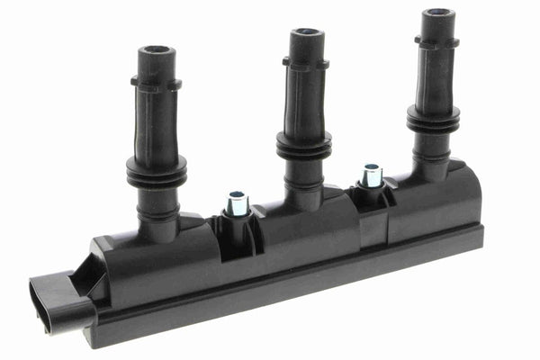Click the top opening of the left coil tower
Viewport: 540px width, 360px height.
(156, 50)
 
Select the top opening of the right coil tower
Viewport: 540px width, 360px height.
(439, 13)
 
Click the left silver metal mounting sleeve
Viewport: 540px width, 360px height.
(238, 203)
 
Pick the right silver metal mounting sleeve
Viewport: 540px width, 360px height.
(370, 175)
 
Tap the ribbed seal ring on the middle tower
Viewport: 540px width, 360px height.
(303, 145)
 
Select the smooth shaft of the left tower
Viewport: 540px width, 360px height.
(157, 121)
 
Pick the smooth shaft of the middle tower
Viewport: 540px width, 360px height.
(303, 99)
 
